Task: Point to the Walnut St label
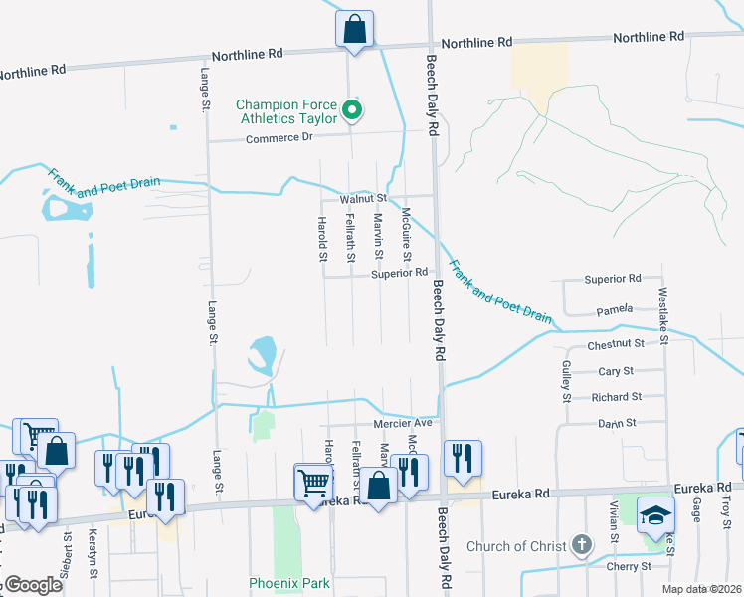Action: [362, 199]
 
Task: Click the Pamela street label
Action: [615, 311]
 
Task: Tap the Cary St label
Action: [616, 371]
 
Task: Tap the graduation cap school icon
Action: [656, 515]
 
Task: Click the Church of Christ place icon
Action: [583, 545]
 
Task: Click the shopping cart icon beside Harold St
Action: [314, 483]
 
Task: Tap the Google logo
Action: [34, 585]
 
